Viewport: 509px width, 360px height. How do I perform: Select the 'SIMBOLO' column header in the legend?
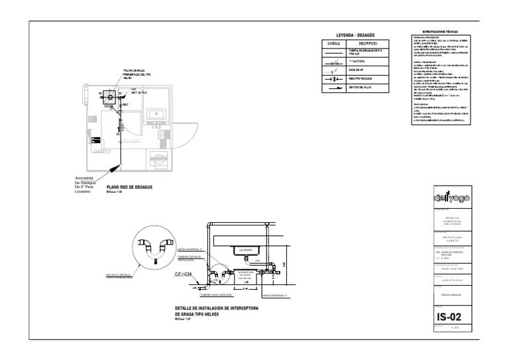point(333,43)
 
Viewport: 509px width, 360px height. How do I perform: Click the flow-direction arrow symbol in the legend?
point(333,87)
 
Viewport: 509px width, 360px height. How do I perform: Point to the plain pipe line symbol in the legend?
point(333,51)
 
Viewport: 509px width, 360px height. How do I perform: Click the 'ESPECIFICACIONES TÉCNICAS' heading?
point(440,32)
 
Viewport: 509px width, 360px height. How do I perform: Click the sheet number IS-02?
point(451,317)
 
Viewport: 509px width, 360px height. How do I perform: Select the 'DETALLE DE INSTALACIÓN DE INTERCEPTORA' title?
point(217,309)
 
